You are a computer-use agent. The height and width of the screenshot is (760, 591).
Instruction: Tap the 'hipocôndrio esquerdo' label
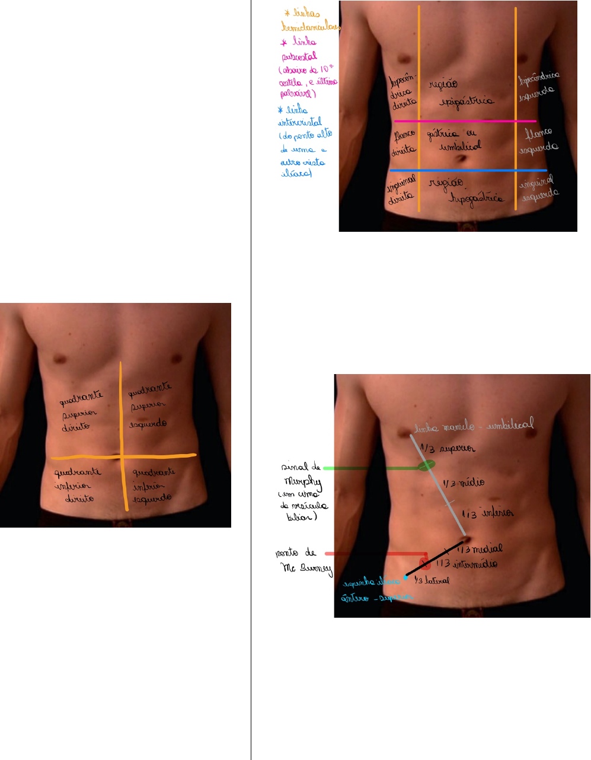pyautogui.click(x=538, y=87)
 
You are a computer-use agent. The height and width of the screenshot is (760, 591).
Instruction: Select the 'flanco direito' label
pyautogui.click(x=403, y=143)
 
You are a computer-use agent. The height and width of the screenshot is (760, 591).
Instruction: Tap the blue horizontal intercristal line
pyautogui.click(x=468, y=170)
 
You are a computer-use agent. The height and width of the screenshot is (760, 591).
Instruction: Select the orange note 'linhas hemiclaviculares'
pyautogui.click(x=309, y=20)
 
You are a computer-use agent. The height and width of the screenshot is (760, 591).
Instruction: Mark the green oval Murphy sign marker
pyautogui.click(x=426, y=466)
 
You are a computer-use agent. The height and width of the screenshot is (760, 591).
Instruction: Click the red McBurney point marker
pyautogui.click(x=424, y=562)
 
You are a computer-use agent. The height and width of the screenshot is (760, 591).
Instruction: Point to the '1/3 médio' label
pyautogui.click(x=464, y=483)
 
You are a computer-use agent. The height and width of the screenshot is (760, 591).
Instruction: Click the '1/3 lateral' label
pyautogui.click(x=431, y=580)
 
